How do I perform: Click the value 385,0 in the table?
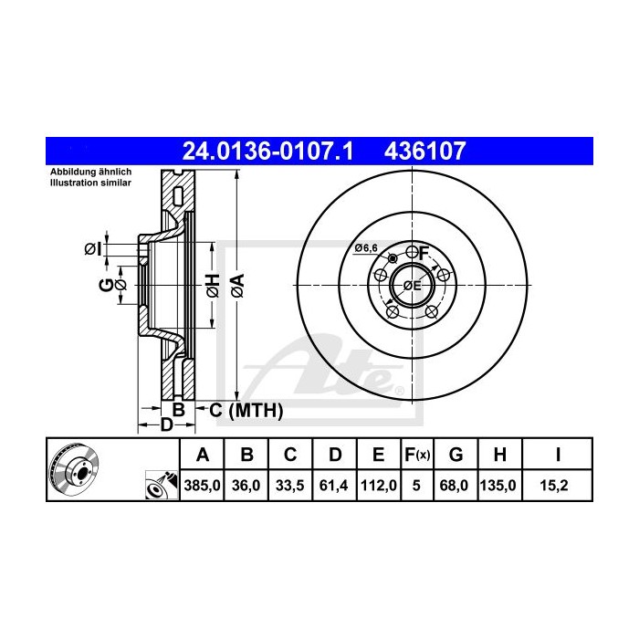click(x=204, y=487)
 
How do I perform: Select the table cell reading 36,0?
click(x=246, y=487)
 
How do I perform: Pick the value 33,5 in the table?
click(x=289, y=487)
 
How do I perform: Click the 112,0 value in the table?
click(x=377, y=487)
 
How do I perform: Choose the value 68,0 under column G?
click(x=456, y=487)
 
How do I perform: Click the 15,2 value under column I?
click(x=557, y=487)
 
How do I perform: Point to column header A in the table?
click(x=204, y=454)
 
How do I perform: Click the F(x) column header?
click(x=417, y=454)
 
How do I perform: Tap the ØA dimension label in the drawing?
click(x=236, y=285)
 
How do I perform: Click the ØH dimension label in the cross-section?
click(x=211, y=285)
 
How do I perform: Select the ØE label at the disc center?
click(x=412, y=286)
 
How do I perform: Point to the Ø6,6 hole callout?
click(x=366, y=248)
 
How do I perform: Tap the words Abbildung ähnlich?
click(x=78, y=173)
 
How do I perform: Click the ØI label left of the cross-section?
click(x=91, y=248)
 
